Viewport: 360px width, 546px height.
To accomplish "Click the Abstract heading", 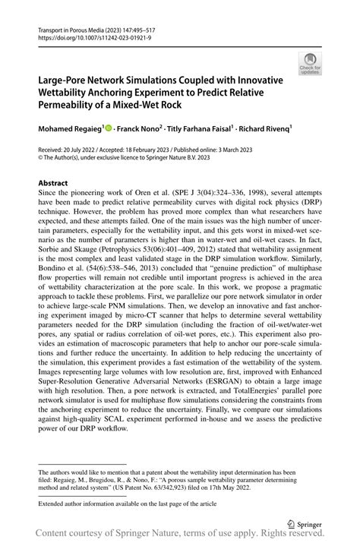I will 52,184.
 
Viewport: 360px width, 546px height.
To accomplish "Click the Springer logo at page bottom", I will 304,523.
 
